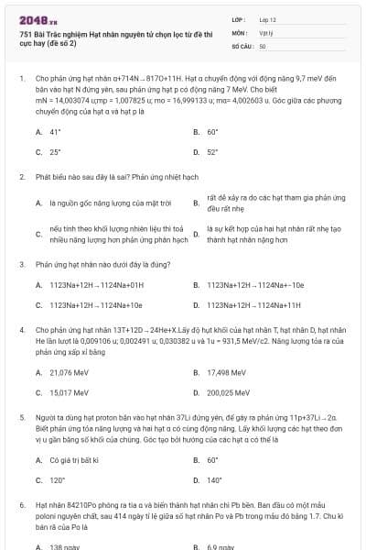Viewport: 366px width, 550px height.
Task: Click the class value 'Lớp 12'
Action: tap(270, 18)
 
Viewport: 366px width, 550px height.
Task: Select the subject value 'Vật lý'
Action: tap(267, 32)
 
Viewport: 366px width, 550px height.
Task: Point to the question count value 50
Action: tap(263, 45)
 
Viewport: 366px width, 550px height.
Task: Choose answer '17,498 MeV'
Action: tap(227, 372)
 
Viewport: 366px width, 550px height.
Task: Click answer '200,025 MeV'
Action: tap(229, 392)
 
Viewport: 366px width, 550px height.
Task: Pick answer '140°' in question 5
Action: tap(214, 479)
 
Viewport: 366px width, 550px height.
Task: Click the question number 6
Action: tap(22, 504)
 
